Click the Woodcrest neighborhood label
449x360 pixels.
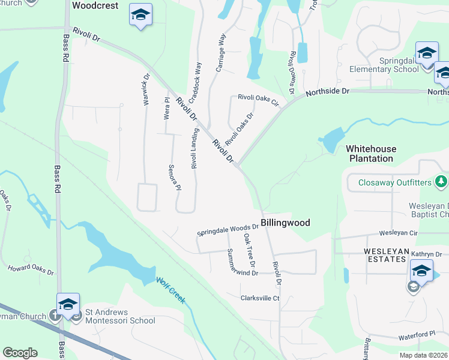(91, 5)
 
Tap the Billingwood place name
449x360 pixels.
(285, 223)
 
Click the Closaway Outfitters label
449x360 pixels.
(396, 182)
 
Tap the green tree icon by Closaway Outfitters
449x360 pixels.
(441, 181)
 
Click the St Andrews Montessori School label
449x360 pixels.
(120, 316)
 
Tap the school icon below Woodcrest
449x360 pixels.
(140, 16)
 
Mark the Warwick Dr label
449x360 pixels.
(145, 89)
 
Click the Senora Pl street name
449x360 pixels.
(175, 177)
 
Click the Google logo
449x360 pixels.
(20, 353)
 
